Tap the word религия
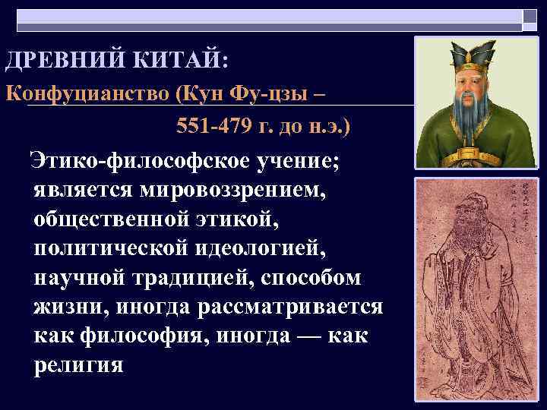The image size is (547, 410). pyautogui.click(x=78, y=365)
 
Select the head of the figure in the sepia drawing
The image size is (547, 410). pyautogui.click(x=475, y=216)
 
